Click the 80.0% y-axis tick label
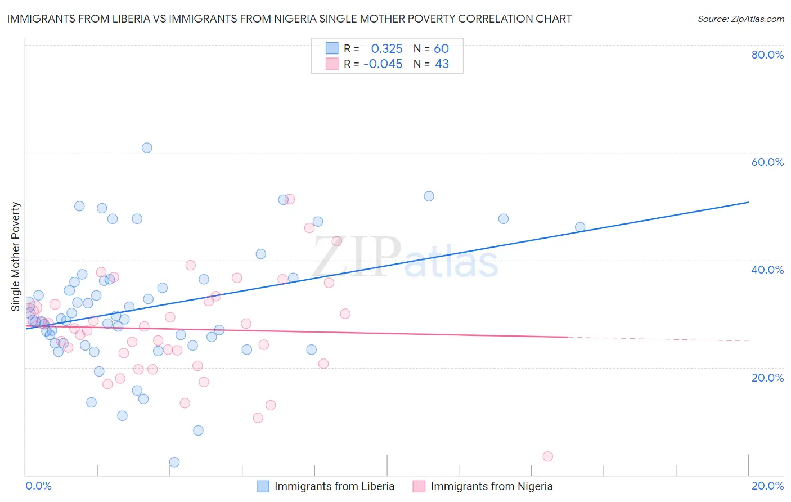pyautogui.click(x=767, y=55)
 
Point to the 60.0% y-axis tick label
pyautogui.click(x=767, y=162)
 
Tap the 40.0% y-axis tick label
pyautogui.click(x=767, y=270)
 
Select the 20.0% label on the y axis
pyautogui.click(x=767, y=378)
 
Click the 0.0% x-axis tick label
pyautogui.click(x=38, y=486)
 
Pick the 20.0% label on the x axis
pyautogui.click(x=767, y=486)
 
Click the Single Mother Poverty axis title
pyautogui.click(x=16, y=257)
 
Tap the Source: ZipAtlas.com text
pyautogui.click(x=740, y=19)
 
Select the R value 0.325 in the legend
pyautogui.click(x=386, y=49)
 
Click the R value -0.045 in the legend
pyautogui.click(x=383, y=64)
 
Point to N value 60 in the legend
pyautogui.click(x=441, y=49)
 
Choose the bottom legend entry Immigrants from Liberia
pyautogui.click(x=334, y=486)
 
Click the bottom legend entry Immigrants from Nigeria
pyautogui.click(x=491, y=486)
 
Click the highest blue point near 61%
pyautogui.click(x=147, y=148)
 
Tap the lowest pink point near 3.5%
pyautogui.click(x=547, y=456)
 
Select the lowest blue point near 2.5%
pyautogui.click(x=174, y=462)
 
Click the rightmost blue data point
pyautogui.click(x=580, y=227)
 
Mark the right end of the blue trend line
pyautogui.click(x=748, y=202)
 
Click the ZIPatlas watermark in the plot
pyautogui.click(x=405, y=258)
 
